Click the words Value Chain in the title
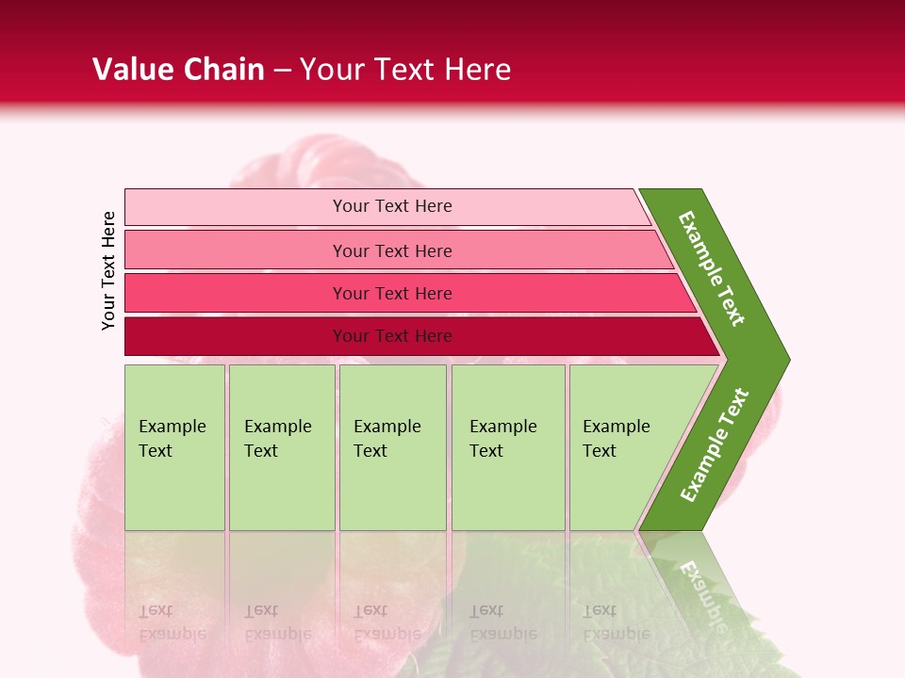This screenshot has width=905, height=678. click(x=178, y=70)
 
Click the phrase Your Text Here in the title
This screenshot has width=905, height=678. click(x=405, y=70)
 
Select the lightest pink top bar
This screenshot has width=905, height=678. click(x=236, y=206)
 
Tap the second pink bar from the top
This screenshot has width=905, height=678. click(x=236, y=250)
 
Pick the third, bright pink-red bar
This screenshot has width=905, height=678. click(x=236, y=293)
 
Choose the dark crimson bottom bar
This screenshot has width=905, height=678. click(x=236, y=336)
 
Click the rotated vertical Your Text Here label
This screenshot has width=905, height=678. click(x=108, y=270)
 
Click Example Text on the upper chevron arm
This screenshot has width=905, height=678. click(x=712, y=268)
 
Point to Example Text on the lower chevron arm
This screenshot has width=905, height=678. click(x=715, y=445)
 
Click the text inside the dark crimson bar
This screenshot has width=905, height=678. click(x=392, y=336)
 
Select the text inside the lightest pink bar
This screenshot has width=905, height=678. click(x=392, y=206)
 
